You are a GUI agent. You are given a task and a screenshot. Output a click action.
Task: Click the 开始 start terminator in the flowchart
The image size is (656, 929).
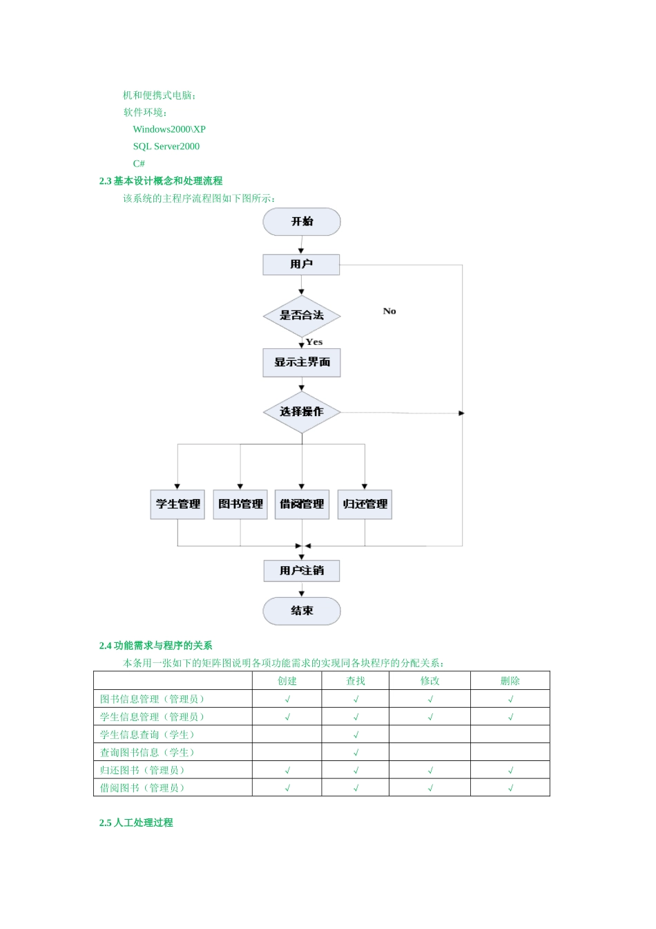tap(302, 222)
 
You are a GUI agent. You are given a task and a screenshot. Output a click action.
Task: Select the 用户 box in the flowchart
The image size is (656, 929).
tap(301, 264)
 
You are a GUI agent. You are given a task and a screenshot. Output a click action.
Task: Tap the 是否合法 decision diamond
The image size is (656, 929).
tap(302, 315)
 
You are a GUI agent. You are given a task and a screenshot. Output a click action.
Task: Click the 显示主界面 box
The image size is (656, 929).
tap(302, 362)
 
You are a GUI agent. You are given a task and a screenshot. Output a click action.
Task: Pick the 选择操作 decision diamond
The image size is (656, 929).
tap(302, 412)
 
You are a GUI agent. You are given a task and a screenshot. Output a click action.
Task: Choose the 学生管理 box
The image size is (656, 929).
tap(177, 504)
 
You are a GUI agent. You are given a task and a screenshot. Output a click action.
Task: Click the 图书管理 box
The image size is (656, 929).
tap(240, 504)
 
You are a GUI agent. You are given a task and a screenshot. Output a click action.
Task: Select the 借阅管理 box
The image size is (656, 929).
tap(302, 504)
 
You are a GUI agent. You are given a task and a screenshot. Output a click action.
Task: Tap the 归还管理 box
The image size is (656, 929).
tap(365, 504)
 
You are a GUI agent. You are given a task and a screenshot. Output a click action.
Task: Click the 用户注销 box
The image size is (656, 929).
tap(302, 570)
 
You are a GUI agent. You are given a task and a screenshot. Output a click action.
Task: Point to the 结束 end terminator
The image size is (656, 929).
tap(302, 611)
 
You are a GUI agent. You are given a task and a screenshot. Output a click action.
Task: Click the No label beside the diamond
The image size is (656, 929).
tap(389, 311)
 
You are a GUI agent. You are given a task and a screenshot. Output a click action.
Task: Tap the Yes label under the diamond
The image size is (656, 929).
tap(314, 341)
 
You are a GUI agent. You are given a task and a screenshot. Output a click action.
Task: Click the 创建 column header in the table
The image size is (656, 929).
tap(287, 681)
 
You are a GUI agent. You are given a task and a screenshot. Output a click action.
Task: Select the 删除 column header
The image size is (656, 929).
tap(510, 681)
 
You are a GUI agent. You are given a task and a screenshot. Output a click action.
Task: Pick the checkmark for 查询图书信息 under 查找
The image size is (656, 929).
tap(356, 753)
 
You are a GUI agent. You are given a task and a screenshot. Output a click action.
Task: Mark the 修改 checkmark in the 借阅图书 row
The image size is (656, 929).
tap(430, 788)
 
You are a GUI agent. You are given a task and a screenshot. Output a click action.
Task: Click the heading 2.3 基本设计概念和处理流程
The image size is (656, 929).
tap(161, 181)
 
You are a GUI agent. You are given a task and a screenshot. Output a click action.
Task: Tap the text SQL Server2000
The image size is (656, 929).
tap(166, 147)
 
